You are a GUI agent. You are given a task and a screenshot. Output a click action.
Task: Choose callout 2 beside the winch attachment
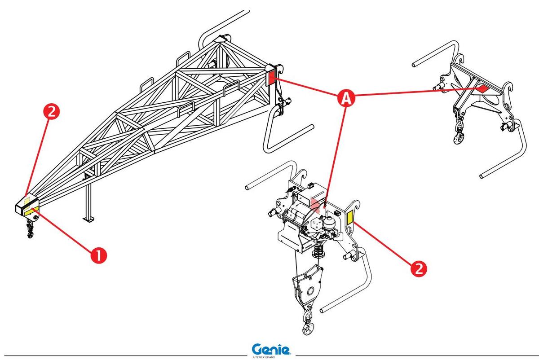point(418,268)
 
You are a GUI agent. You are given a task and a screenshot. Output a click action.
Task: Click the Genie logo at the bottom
point(271,349)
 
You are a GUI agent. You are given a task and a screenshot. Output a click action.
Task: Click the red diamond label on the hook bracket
point(482,88)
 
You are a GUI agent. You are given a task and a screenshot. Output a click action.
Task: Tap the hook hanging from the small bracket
point(459,136)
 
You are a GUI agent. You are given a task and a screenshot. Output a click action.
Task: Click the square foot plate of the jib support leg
point(88,219)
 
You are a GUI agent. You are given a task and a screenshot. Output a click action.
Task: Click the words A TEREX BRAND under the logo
point(271,357)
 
